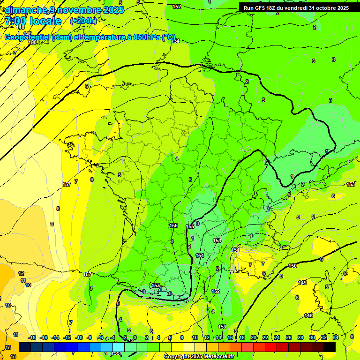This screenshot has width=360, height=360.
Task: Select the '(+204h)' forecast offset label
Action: click(83, 21)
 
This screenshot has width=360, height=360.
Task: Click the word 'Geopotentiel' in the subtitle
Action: click(28, 37)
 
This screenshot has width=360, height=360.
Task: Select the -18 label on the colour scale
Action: click(32, 337)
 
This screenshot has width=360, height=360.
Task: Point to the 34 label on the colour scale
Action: click(336, 337)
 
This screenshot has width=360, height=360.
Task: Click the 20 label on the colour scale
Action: click(254, 337)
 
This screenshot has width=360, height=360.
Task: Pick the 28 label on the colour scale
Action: click(300, 337)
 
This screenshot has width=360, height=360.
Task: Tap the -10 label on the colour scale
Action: click(79, 337)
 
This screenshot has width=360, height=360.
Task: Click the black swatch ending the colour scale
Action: click(330, 347)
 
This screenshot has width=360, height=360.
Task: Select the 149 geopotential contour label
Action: click(302, 283)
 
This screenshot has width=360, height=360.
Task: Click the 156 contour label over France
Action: click(173, 225)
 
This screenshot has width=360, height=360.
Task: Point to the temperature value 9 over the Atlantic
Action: click(52, 224)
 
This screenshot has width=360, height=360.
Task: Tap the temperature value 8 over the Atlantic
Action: click(58, 209)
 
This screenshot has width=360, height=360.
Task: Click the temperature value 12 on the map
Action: click(21, 273)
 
